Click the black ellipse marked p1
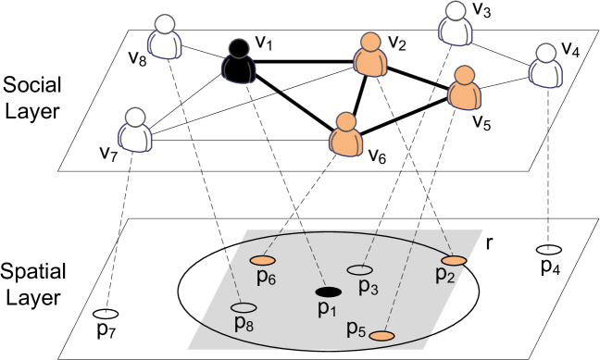pyautogui.click(x=328, y=292)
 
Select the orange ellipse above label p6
pyautogui.click(x=262, y=260)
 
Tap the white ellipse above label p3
pyautogui.click(x=360, y=270)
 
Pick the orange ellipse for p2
pyautogui.click(x=453, y=260)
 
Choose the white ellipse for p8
pyautogui.click(x=244, y=307)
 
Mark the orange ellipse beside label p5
pyautogui.click(x=381, y=335)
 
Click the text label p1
pyautogui.click(x=327, y=310)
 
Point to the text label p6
pyautogui.click(x=266, y=279)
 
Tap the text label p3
pyautogui.click(x=368, y=288)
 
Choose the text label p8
pyautogui.click(x=244, y=324)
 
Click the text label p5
pyautogui.click(x=356, y=329)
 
